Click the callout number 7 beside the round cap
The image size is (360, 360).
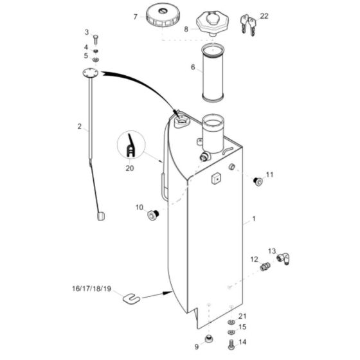(x=136, y=17)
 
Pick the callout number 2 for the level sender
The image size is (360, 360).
(x=80, y=127)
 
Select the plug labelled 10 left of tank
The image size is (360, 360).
(x=154, y=214)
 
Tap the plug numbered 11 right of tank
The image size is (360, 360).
(x=259, y=181)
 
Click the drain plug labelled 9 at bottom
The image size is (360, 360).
(x=208, y=339)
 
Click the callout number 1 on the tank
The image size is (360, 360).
(x=254, y=219)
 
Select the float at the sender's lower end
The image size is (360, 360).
(x=100, y=217)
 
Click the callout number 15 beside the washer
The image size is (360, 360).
(x=242, y=327)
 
